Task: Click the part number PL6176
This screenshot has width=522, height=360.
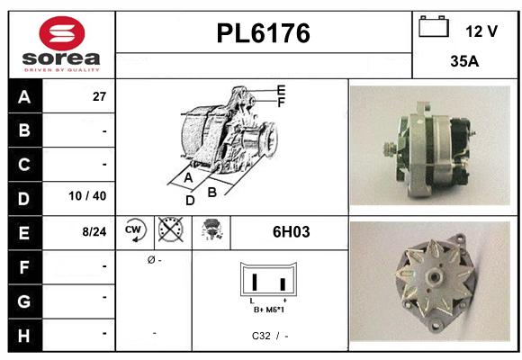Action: [264, 34]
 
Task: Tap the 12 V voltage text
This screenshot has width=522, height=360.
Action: [481, 31]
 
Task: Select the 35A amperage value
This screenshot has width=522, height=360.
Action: [463, 63]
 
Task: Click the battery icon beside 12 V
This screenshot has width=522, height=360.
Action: [434, 28]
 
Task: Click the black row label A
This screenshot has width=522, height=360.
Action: [24, 96]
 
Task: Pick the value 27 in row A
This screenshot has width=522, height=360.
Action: [100, 97]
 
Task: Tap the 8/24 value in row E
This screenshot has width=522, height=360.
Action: [94, 231]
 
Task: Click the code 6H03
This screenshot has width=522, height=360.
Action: [291, 232]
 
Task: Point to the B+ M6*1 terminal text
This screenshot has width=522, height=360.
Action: [269, 309]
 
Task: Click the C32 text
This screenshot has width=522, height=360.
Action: [261, 336]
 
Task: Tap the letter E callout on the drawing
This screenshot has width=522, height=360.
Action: [282, 90]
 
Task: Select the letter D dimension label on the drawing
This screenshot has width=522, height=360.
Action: [190, 201]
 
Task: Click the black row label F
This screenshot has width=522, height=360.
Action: [24, 265]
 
